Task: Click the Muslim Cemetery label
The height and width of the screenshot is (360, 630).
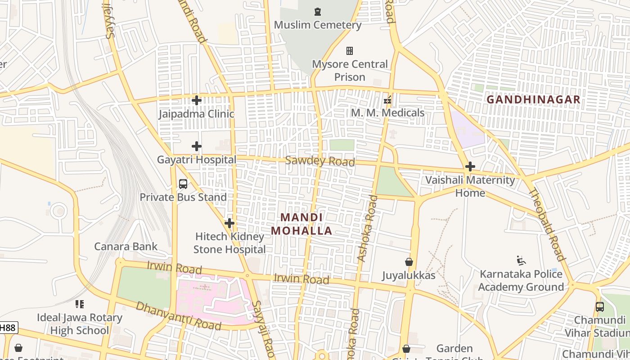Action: click(x=318, y=25)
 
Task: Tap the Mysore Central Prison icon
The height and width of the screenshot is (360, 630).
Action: click(x=350, y=51)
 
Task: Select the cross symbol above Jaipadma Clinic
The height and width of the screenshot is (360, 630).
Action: click(x=197, y=100)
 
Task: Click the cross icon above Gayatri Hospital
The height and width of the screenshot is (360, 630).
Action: click(x=197, y=146)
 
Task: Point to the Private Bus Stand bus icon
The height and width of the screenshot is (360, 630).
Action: click(x=183, y=184)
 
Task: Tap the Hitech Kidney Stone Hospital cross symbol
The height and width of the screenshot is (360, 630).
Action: click(x=229, y=223)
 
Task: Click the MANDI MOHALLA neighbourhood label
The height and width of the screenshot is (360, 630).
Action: click(x=301, y=224)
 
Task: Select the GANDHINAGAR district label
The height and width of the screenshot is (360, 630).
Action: click(x=534, y=99)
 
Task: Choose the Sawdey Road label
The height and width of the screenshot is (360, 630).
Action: click(x=320, y=161)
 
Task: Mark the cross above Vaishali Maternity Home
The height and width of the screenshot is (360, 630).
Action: click(x=470, y=166)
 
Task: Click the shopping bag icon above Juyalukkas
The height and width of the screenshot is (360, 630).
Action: click(x=409, y=261)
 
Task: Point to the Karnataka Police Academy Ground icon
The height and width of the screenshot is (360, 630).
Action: click(x=521, y=260)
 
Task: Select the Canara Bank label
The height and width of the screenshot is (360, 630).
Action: click(x=126, y=246)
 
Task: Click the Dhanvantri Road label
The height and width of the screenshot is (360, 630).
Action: click(x=178, y=315)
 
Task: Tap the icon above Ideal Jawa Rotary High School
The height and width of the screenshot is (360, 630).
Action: click(x=80, y=304)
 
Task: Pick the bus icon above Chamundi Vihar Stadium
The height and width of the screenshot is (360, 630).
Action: click(x=600, y=307)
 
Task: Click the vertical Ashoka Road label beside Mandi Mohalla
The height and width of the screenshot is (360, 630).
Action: click(x=367, y=228)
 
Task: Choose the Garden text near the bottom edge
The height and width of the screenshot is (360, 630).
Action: click(x=454, y=348)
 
